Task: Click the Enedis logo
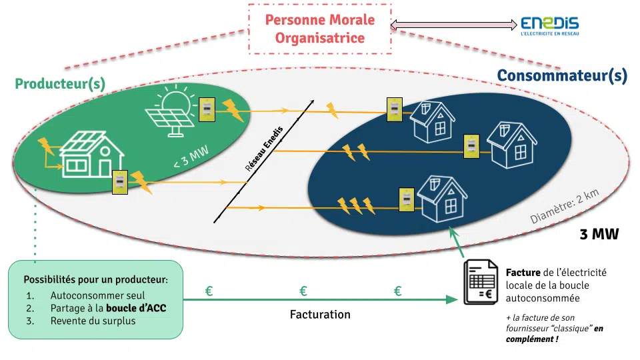pyautogui.click(x=550, y=26)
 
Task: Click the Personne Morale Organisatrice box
pyautogui.click(x=320, y=29)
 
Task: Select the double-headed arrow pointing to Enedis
pyautogui.click(x=454, y=25)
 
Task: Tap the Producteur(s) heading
pyautogui.click(x=60, y=84)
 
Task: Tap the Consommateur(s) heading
pyautogui.click(x=562, y=75)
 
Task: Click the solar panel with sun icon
pyautogui.click(x=171, y=110)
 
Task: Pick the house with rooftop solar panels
pyautogui.click(x=91, y=154)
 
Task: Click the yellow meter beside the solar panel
pyautogui.click(x=207, y=109)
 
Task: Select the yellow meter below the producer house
pyautogui.click(x=120, y=182)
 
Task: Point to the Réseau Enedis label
pyautogui.click(x=264, y=149)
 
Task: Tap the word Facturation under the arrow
pyautogui.click(x=320, y=314)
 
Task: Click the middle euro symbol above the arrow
pyautogui.click(x=303, y=291)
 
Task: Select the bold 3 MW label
pyautogui.click(x=599, y=234)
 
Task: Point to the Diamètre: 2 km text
pyautogui.click(x=565, y=206)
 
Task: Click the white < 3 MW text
pyautogui.click(x=191, y=157)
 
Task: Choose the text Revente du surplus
pyautogui.click(x=93, y=321)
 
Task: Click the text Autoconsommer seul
pyautogui.click(x=97, y=295)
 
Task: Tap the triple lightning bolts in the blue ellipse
pyautogui.click(x=356, y=206)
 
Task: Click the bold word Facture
pyautogui.click(x=523, y=272)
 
